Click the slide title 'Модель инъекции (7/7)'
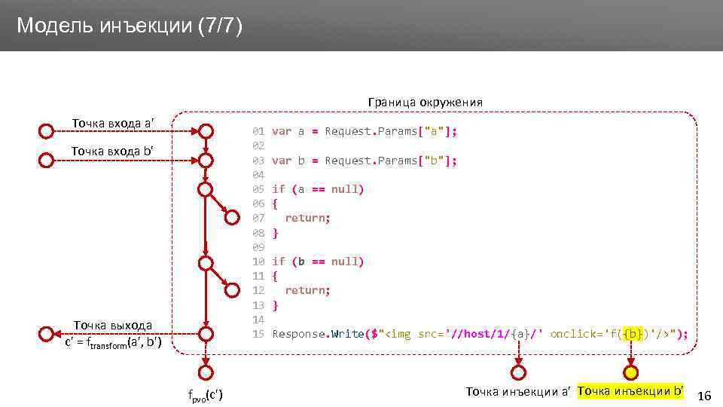130,26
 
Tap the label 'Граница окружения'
425,102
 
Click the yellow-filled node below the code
631,372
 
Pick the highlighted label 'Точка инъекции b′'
630,391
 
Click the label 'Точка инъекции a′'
518,391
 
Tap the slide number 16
705,396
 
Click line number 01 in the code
258,131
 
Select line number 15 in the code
258,334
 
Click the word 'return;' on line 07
307,218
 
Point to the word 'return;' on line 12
307,290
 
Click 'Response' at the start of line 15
299,334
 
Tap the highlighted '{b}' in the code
633,334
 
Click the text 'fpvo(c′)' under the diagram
205,396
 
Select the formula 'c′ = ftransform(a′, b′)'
113,345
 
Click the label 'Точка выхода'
113,326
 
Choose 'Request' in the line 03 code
349,161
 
